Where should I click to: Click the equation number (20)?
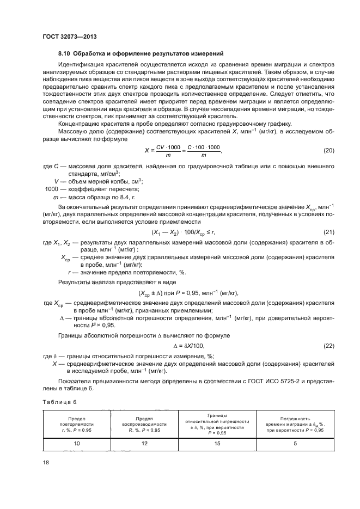pos(328,150)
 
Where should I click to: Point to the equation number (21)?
pos(328,232)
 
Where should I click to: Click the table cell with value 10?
pos(77,444)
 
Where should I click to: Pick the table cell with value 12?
pos(144,444)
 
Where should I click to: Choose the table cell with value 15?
pos(217,444)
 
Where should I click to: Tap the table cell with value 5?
pos(295,444)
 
